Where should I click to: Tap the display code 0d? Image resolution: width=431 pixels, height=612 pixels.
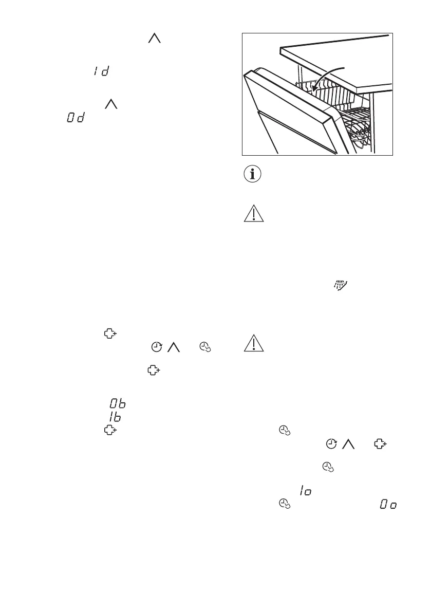(x=75, y=118)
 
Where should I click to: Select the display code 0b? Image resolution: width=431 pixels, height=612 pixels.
(x=118, y=392)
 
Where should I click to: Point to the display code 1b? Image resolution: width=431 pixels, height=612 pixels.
(x=114, y=404)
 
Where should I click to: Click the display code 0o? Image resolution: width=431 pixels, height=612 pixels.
(x=388, y=505)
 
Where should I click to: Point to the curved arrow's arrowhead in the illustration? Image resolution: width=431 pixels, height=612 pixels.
(x=314, y=90)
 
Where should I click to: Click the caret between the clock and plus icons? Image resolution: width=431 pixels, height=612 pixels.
(x=349, y=443)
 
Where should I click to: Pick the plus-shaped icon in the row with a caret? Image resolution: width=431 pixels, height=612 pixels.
(x=380, y=443)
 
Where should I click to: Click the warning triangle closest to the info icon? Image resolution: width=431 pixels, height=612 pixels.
(x=253, y=213)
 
